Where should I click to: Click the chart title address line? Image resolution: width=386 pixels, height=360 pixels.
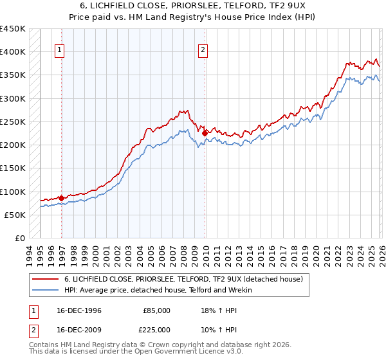point(192,5)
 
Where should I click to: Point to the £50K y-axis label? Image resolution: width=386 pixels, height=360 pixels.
point(15,215)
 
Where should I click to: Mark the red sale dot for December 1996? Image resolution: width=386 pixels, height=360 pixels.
point(61,198)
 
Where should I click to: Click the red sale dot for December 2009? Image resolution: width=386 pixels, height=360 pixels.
point(205,133)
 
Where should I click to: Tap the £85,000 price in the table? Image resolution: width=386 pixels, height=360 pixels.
point(156,310)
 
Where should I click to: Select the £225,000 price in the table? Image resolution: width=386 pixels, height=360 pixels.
point(156,329)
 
